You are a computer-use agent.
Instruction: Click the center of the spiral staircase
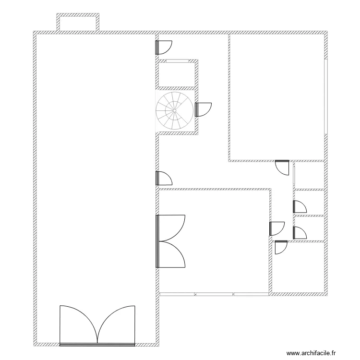pos(175,110)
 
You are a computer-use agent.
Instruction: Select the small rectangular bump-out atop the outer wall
pos(78,23)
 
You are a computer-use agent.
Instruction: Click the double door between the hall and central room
pos(171,240)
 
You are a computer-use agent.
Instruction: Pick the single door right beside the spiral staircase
pos(203,109)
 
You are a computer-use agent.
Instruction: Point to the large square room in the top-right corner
pos(277,96)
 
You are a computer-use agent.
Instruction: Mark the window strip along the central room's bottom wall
pos(214,293)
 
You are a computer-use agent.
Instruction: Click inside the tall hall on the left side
pos(96,168)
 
